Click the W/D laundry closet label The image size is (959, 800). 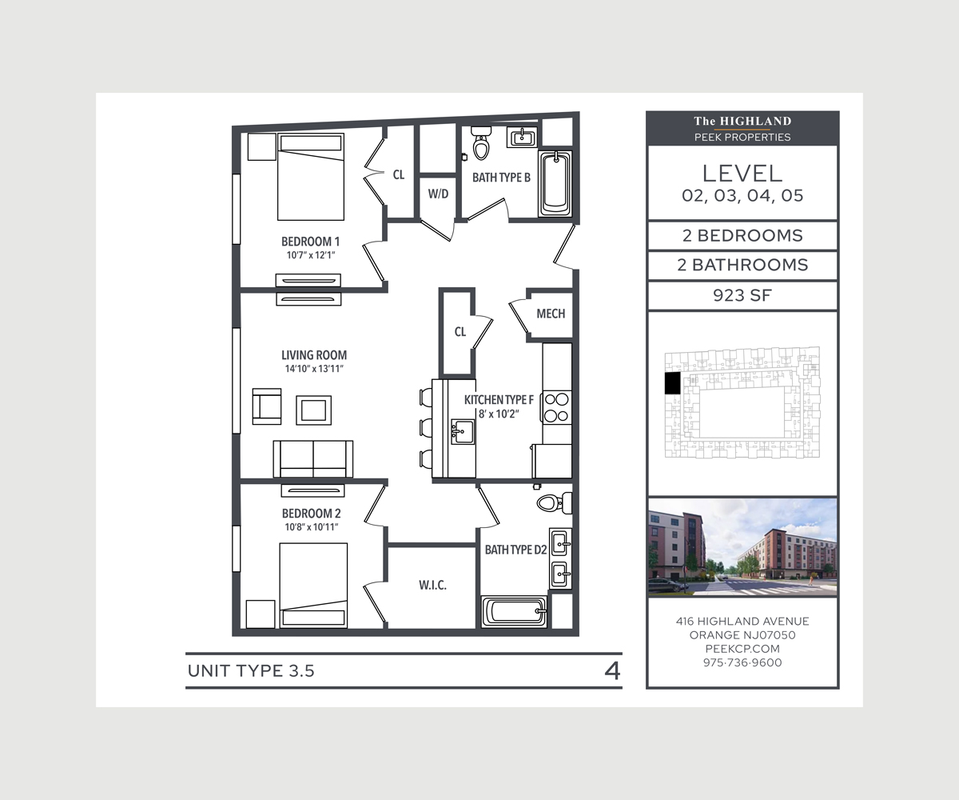[438, 194]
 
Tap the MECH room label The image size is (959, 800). [551, 314]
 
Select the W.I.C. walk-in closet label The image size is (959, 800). [432, 586]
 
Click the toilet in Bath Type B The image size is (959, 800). [481, 144]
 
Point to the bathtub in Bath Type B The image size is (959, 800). [555, 183]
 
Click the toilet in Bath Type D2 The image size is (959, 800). [551, 502]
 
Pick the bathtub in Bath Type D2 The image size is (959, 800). [515, 612]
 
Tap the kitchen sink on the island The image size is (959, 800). [461, 433]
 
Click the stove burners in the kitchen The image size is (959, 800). [557, 406]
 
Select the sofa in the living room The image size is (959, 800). [313, 458]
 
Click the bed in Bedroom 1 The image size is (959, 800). [311, 177]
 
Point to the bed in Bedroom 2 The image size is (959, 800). [313, 584]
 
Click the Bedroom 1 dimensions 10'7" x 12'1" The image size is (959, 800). [311, 256]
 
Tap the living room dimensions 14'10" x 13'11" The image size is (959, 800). [314, 369]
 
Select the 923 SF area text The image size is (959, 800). [742, 295]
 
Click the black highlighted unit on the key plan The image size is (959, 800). [672, 383]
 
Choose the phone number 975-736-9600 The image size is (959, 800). [742, 662]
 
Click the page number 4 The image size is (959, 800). [612, 670]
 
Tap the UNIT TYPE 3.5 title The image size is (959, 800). [251, 671]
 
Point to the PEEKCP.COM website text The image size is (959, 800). [742, 649]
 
